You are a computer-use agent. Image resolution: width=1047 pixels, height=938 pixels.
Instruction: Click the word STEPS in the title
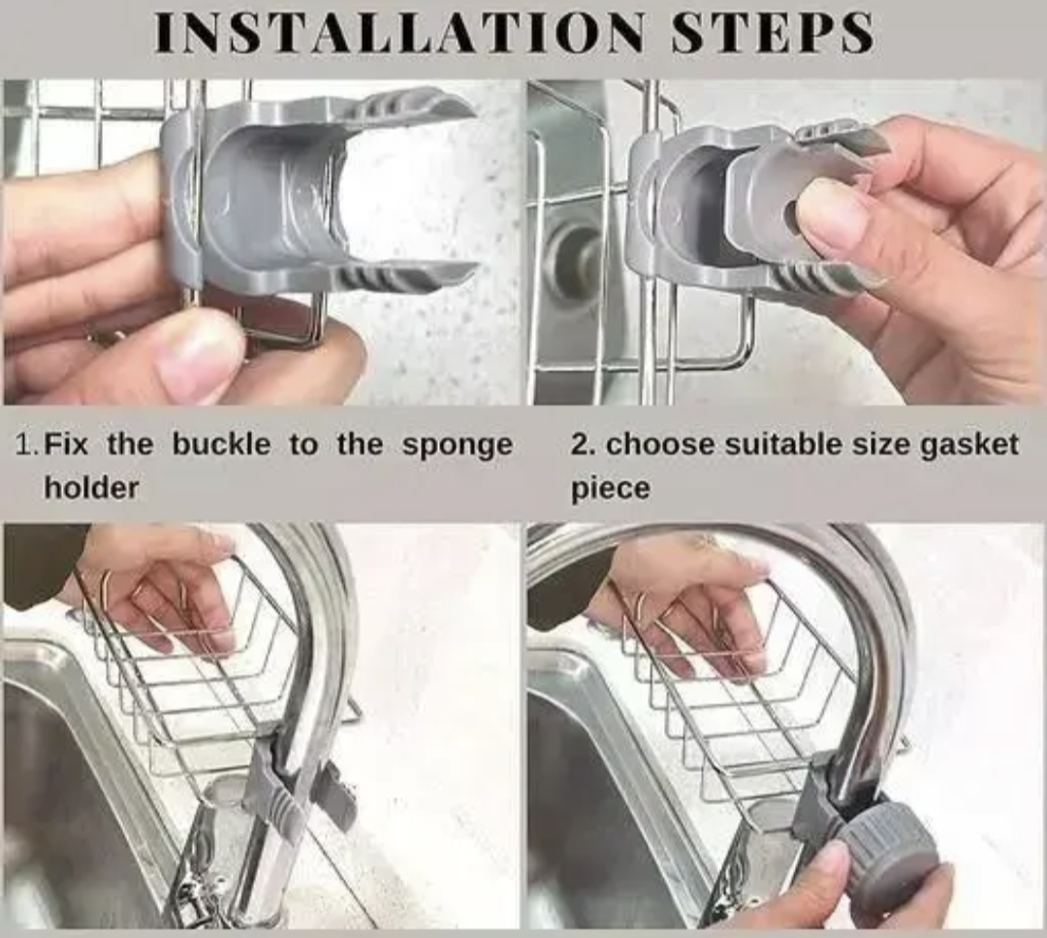[x=773, y=33]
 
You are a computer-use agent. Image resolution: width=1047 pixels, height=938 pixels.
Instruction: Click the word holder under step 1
[x=91, y=487]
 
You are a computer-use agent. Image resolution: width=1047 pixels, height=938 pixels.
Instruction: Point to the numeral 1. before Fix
[x=28, y=445]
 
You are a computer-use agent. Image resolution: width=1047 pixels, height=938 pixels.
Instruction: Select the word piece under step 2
[x=610, y=487]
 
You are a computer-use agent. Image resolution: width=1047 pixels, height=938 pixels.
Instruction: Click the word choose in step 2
[x=650, y=445]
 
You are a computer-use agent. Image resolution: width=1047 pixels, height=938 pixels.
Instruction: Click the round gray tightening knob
[x=887, y=854]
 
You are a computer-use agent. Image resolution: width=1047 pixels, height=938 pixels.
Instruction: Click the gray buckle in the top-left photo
[x=291, y=194]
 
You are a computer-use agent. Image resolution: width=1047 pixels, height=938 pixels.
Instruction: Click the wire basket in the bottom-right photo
[x=737, y=698]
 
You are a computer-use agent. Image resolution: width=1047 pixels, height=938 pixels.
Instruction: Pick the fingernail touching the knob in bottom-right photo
[x=831, y=857]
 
